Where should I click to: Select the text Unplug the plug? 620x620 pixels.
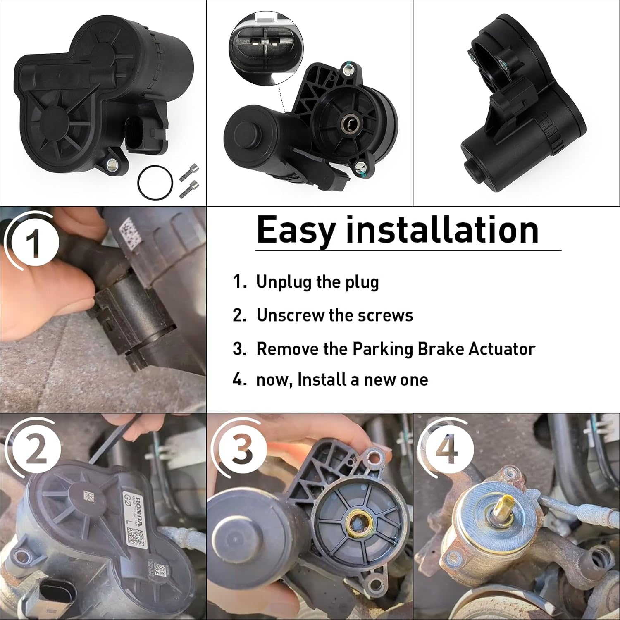tap(317, 282)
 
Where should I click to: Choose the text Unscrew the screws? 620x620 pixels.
tap(334, 315)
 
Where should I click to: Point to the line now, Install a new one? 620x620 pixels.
tap(342, 379)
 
